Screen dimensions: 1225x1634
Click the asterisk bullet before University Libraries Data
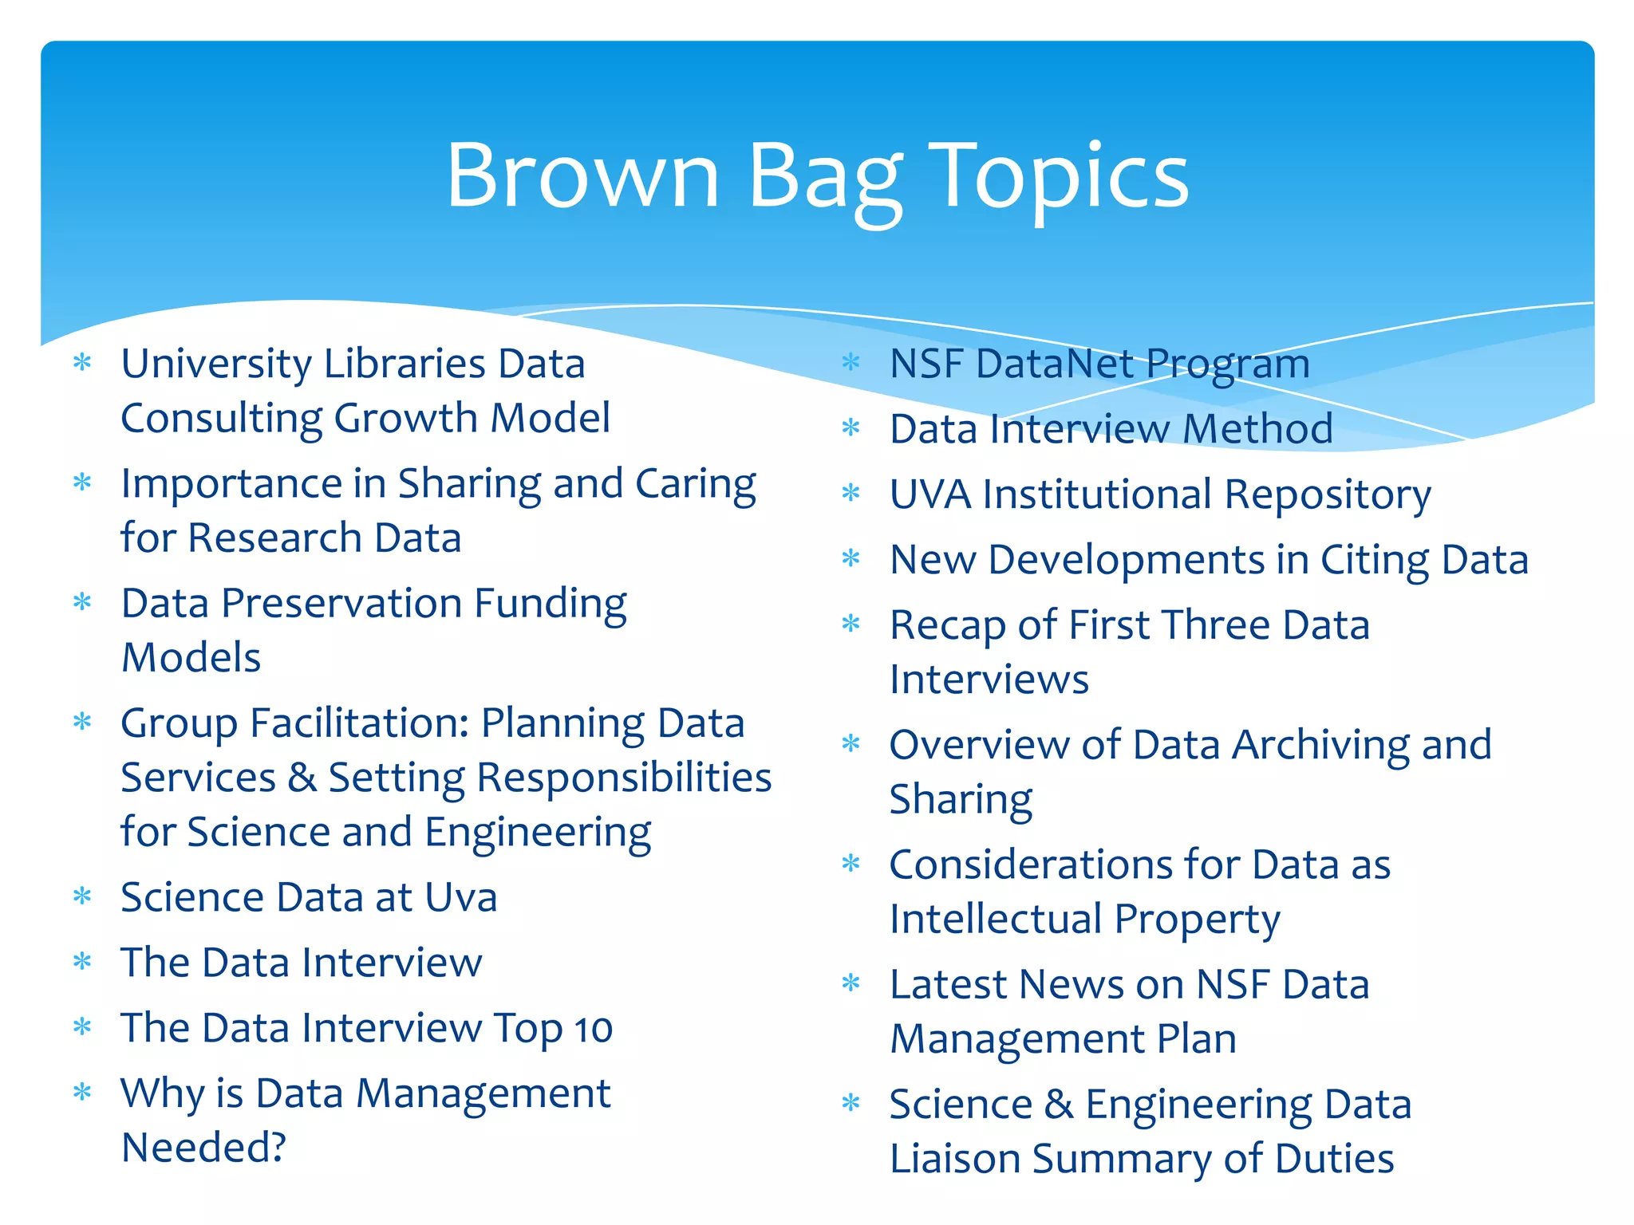pos(82,364)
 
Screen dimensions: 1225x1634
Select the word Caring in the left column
pos(695,485)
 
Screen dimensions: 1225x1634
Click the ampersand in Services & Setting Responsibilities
pos(302,778)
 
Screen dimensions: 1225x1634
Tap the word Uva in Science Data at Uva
pos(460,897)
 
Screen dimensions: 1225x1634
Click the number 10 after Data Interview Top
pos(593,1029)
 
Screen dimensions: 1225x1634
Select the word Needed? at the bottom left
pos(203,1148)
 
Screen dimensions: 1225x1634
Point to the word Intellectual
pos(995,919)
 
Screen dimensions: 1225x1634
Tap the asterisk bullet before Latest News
pos(851,983)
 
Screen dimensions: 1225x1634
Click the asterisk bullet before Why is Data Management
pos(82,1092)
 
